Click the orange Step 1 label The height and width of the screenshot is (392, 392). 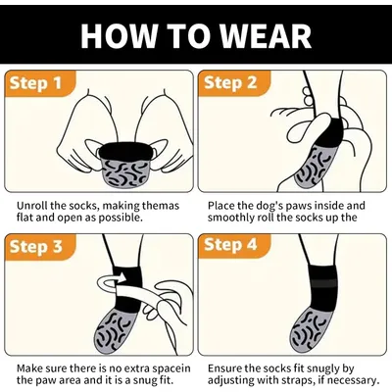35,83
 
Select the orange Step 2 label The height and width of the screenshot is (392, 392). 230,83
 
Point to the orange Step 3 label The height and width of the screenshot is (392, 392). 35,247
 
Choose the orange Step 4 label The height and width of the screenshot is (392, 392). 230,245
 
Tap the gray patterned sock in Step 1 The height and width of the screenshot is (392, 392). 124,172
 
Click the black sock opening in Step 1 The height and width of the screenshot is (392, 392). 124,151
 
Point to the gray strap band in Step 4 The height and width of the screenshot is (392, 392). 323,283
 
